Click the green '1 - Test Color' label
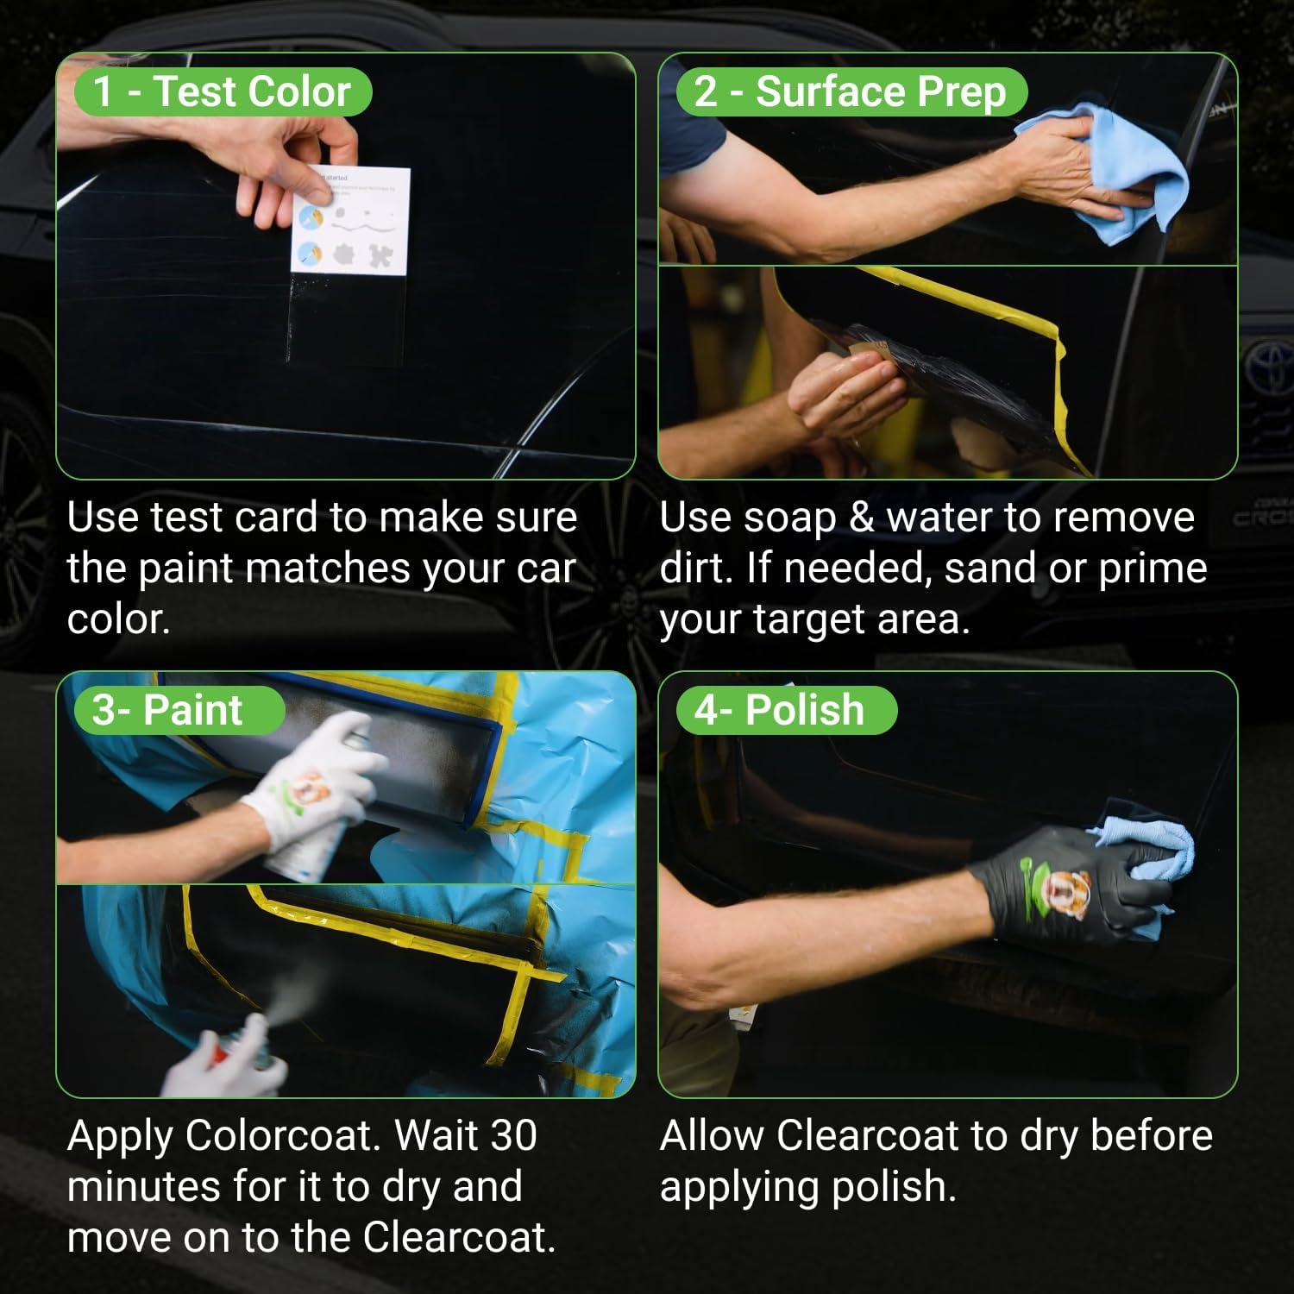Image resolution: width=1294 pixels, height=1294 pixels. point(223,91)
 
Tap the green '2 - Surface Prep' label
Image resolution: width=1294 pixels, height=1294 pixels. point(851,91)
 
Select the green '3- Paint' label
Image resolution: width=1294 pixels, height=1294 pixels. point(179,710)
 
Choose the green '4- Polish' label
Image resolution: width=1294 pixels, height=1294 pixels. point(786,710)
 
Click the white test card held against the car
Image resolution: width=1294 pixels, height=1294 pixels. point(349,221)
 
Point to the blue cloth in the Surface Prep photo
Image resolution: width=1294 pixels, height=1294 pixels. point(1113,173)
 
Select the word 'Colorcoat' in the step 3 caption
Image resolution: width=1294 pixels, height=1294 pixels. point(282,1136)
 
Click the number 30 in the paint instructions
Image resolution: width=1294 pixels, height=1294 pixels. point(513,1136)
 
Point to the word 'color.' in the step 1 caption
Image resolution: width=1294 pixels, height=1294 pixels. point(118,619)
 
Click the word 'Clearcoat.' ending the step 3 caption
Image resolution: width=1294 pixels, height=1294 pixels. point(459,1237)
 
